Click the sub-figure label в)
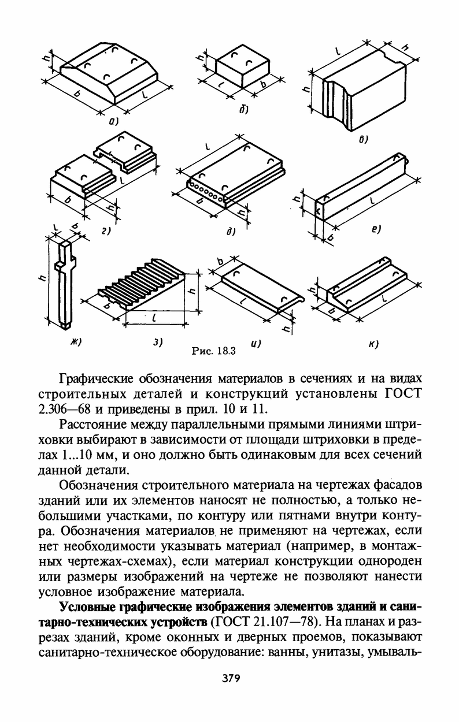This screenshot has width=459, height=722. pyautogui.click(x=364, y=139)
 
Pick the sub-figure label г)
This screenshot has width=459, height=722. pyautogui.click(x=105, y=230)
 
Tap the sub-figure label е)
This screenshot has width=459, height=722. pyautogui.click(x=376, y=229)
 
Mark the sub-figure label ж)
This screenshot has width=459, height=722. pyautogui.click(x=75, y=342)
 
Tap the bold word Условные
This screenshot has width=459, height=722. pyautogui.click(x=86, y=607)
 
